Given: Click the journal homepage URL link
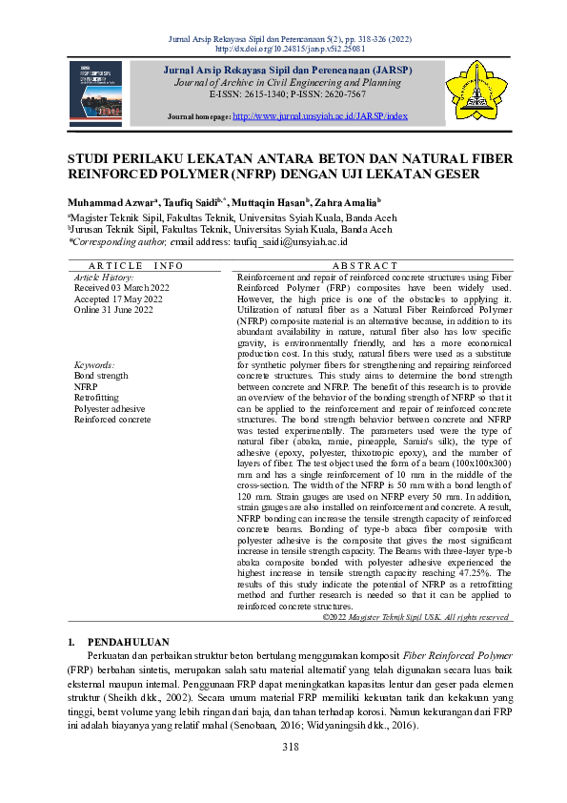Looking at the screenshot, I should tap(320, 115).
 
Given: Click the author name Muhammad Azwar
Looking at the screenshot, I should tap(105, 203).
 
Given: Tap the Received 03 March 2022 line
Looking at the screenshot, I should tap(122, 286).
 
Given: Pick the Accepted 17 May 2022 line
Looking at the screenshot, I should tap(118, 299).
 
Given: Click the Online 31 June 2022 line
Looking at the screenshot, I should tap(113, 310).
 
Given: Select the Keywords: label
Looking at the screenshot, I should tap(94, 365).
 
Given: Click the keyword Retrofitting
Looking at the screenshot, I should tap(98, 398).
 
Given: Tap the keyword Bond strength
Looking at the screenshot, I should tap(100, 376).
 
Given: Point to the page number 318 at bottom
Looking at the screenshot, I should tap(283, 746).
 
